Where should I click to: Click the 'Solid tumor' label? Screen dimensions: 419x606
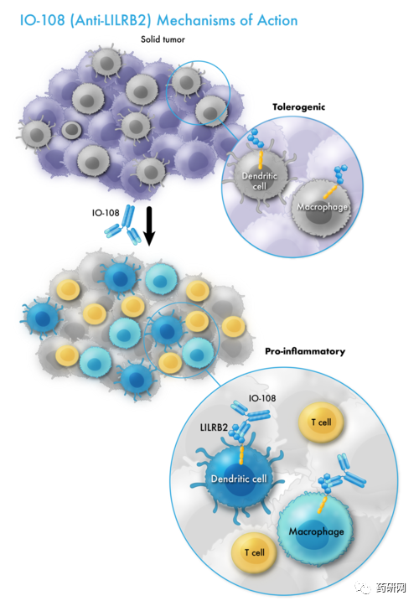163,39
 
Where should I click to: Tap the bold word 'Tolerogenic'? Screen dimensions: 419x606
299,107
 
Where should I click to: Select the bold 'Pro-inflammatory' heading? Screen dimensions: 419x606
305,351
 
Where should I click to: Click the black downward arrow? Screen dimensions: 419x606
149,225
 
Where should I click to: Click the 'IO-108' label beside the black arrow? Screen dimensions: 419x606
106,213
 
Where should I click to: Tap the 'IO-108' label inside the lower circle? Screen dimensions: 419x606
262,398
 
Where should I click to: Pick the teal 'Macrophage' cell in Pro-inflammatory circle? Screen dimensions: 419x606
315,531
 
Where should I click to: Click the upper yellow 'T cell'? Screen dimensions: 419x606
321,422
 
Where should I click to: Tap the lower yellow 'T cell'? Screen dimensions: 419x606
255,552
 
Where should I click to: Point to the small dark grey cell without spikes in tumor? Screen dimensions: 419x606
71,130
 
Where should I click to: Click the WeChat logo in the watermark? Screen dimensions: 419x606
363,588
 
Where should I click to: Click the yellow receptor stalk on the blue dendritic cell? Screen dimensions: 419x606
242,455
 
